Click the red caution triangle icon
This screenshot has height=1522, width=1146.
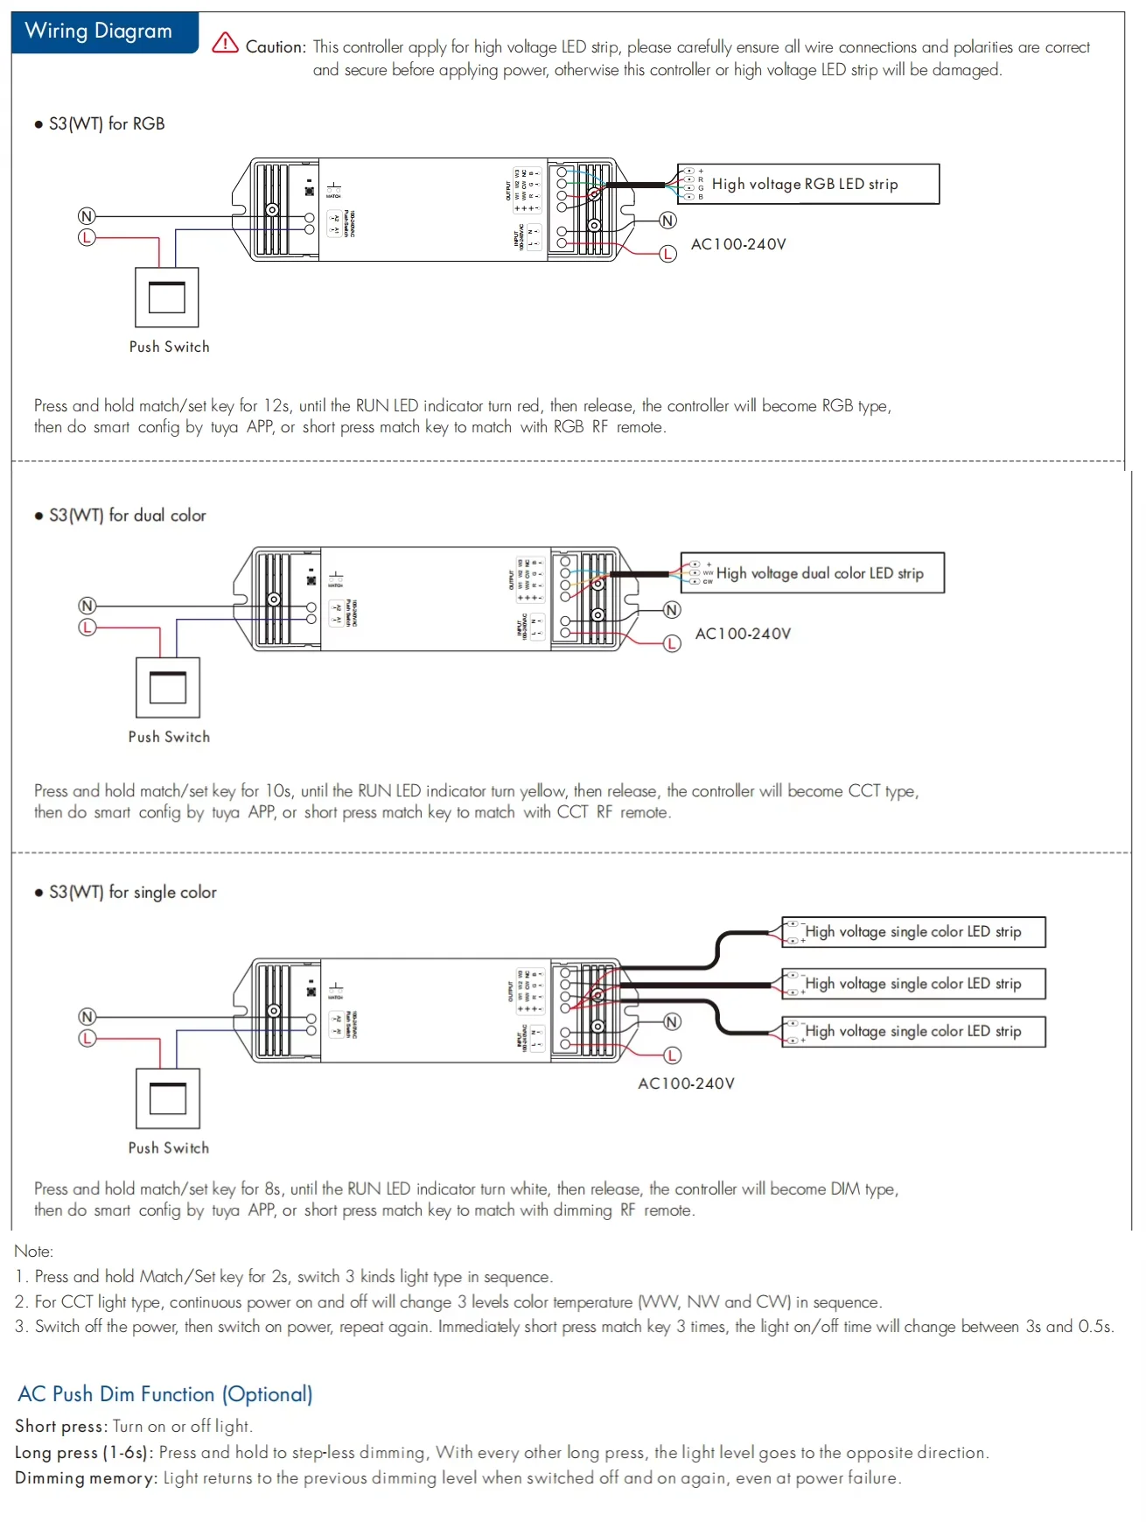[225, 43]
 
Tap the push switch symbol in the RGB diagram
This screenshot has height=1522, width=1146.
[166, 298]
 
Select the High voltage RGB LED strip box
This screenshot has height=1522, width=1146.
[807, 184]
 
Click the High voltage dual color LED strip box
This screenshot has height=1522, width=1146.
[813, 573]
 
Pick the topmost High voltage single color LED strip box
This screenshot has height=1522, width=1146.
[913, 932]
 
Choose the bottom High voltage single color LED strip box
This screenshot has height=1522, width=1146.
[913, 1032]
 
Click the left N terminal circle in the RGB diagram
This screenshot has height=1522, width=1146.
[87, 216]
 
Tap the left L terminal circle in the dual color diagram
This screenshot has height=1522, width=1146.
[87, 628]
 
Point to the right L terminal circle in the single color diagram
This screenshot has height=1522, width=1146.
[672, 1056]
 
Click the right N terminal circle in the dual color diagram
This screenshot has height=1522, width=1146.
[672, 610]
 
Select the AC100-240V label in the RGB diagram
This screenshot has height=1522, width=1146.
[738, 244]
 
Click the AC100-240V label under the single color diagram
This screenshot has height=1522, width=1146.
[686, 1084]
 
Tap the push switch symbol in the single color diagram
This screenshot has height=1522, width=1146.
[168, 1098]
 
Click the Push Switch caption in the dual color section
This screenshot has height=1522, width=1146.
[169, 737]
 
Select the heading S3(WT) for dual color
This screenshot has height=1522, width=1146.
[127, 516]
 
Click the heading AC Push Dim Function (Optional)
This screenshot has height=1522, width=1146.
[165, 1394]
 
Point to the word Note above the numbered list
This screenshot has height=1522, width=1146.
[33, 1252]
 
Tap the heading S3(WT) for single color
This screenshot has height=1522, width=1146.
[132, 892]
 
